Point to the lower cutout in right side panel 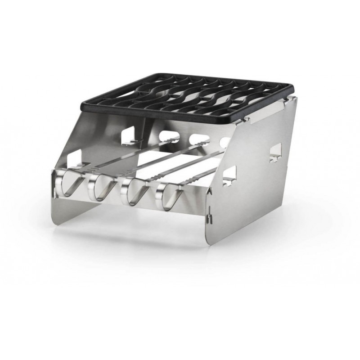(x=230, y=175)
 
